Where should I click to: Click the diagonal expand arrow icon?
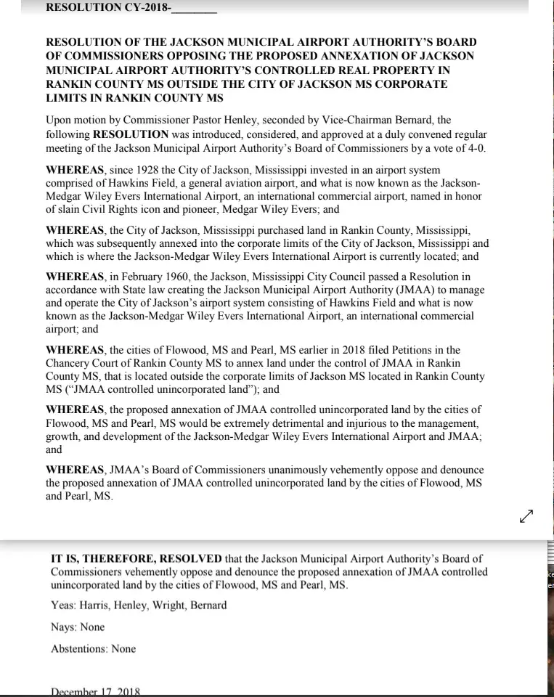(526, 515)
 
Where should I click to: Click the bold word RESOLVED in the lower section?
(187, 558)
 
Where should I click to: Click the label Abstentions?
(79, 648)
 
